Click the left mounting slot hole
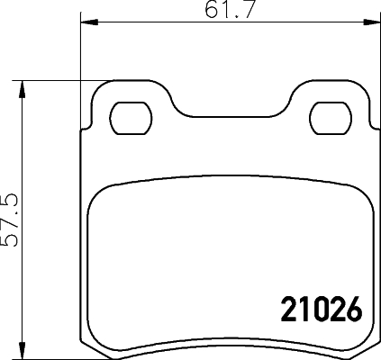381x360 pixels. [x=131, y=117]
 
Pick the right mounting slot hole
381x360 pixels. [x=330, y=117]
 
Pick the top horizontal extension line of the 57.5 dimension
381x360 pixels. [x=54, y=81]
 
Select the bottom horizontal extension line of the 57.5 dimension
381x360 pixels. [x=54, y=355]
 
